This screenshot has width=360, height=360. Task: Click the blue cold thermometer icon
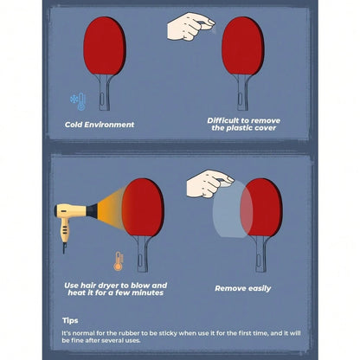[78, 101]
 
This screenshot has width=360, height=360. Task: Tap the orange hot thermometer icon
[119, 261]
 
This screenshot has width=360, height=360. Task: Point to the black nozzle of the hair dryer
[92, 211]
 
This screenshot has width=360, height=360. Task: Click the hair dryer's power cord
[64, 248]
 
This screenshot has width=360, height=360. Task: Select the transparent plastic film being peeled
[233, 209]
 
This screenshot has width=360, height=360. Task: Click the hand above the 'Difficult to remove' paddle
[190, 27]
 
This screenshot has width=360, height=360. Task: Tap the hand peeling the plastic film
[209, 183]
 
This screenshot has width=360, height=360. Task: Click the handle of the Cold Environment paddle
[104, 93]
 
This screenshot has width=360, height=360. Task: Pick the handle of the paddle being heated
[143, 254]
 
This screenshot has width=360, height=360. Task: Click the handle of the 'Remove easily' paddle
[260, 254]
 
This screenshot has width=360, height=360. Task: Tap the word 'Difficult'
[223, 120]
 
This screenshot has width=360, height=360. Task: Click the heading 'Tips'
[70, 320]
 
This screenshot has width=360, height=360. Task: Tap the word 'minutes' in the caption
[149, 292]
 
